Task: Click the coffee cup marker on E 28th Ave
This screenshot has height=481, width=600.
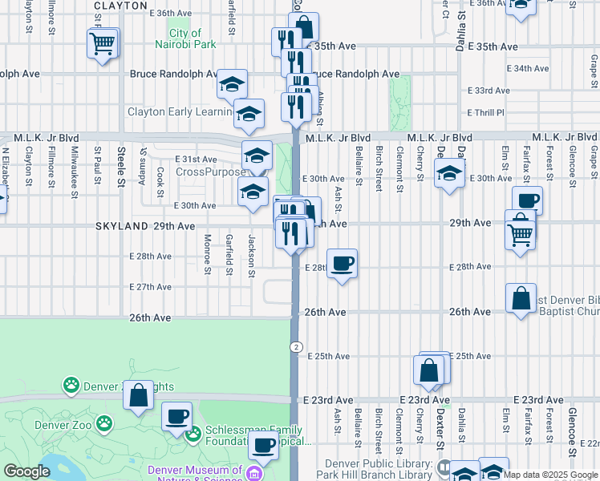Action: click(343, 263)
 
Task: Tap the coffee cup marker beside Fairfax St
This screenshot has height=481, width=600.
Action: click(527, 201)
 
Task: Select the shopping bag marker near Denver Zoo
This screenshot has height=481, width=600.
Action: click(139, 395)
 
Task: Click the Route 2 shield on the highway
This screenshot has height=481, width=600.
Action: click(297, 346)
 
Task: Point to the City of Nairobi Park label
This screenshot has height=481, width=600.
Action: click(185, 38)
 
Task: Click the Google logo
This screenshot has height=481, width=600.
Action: click(26, 471)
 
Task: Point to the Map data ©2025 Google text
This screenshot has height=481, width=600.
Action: click(550, 475)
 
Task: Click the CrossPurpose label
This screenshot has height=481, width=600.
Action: click(210, 172)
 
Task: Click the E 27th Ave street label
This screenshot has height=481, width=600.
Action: click(150, 287)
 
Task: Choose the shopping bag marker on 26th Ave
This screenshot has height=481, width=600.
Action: click(521, 298)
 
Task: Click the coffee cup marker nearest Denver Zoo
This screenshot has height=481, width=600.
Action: click(176, 416)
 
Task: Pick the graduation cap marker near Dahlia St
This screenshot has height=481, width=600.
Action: click(449, 173)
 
